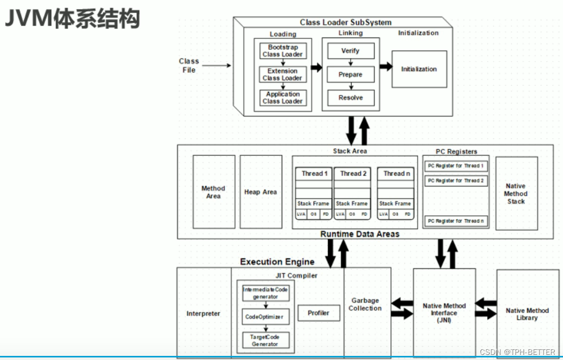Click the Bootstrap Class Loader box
(282, 51)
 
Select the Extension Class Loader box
(282, 74)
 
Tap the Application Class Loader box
(282, 97)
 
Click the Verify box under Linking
(351, 51)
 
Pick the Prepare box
(351, 74)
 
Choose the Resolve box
(351, 97)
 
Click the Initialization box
(419, 69)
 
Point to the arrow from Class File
(219, 66)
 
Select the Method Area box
(213, 192)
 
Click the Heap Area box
(261, 192)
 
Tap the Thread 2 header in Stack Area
(354, 173)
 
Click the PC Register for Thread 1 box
(455, 166)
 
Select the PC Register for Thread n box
(455, 221)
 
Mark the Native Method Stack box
(516, 193)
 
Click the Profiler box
(319, 313)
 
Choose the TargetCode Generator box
(265, 341)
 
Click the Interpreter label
(203, 313)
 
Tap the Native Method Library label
(527, 314)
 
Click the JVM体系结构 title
(72, 19)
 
